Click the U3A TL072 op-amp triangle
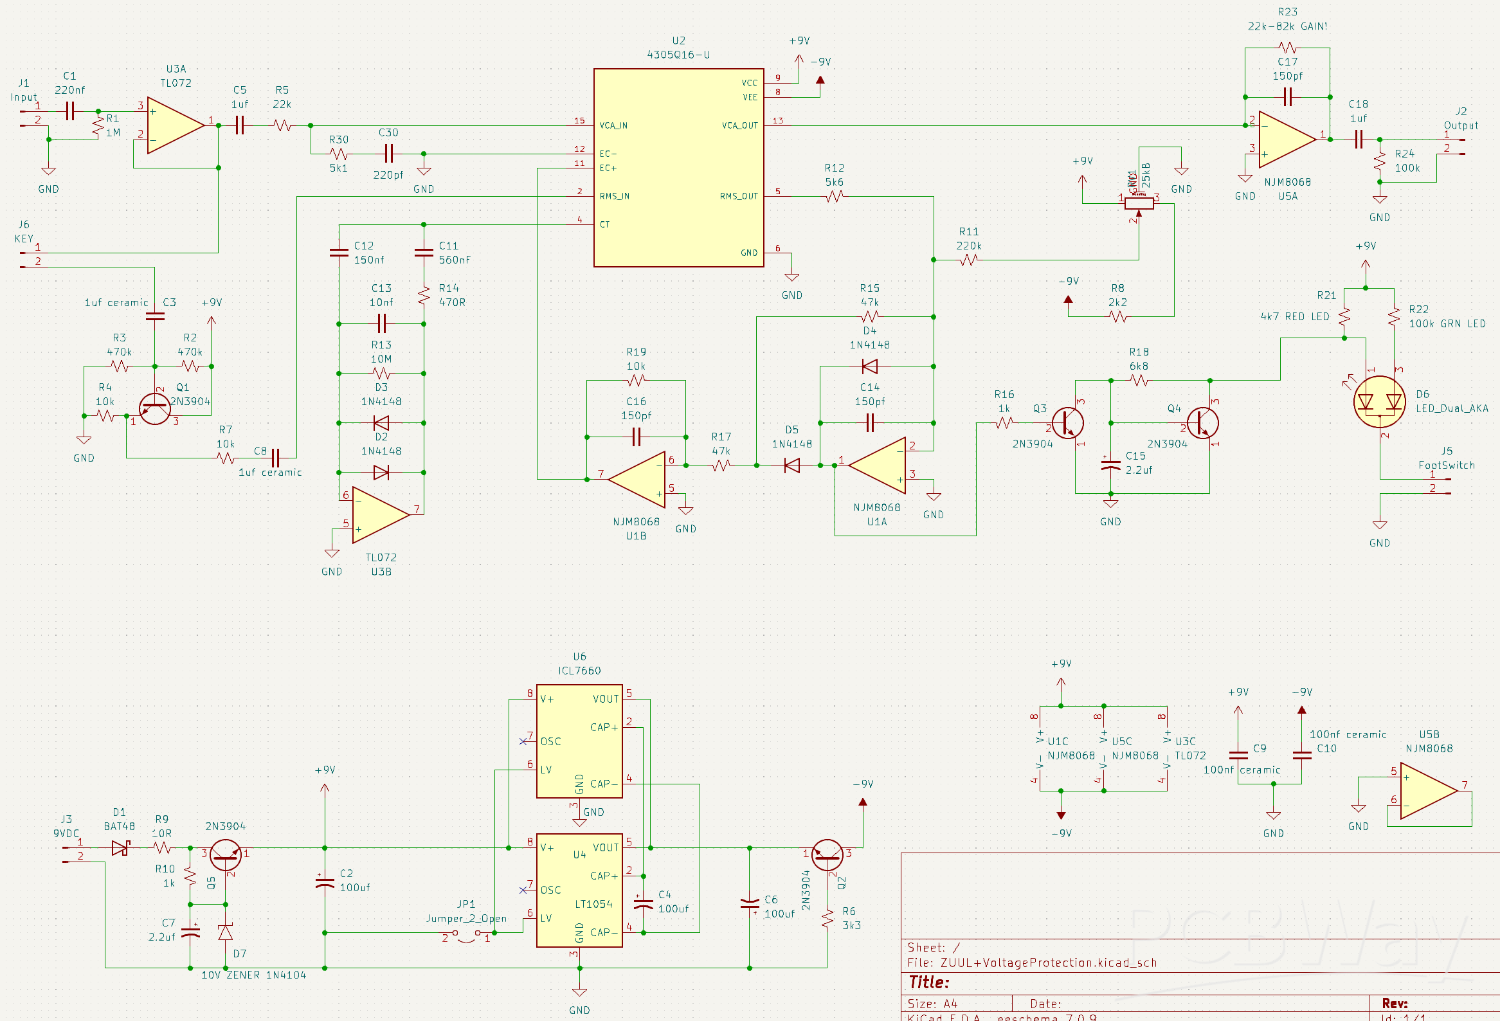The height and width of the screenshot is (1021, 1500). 173,125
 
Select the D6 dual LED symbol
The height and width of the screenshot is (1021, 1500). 1379,402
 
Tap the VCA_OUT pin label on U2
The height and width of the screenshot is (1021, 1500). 739,125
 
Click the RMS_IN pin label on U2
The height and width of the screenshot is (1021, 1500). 614,196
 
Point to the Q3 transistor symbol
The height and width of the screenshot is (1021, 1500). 1067,423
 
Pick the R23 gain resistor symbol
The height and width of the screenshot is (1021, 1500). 1287,47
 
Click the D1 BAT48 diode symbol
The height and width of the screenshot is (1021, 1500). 120,847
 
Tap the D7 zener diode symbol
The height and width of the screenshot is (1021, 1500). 225,932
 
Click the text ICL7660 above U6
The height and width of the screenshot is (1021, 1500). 579,671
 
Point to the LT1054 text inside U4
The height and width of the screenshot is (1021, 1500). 593,903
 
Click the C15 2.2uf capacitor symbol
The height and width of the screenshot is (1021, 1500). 1110,463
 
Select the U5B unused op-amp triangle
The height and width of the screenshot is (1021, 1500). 1427,791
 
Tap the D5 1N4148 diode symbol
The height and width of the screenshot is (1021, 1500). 791,465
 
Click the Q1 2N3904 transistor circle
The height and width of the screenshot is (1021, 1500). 155,408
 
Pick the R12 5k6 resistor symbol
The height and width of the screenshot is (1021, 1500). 834,196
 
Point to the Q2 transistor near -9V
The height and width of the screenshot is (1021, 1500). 827,854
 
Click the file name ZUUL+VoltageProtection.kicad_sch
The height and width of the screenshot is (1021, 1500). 1048,962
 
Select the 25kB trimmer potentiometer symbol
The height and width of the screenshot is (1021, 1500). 1139,203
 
